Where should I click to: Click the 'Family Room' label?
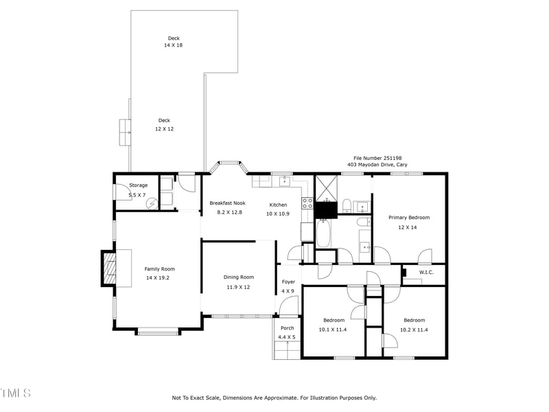159,268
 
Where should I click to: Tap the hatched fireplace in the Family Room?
109,268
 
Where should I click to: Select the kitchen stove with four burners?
307,203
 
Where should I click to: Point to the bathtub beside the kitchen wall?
323,233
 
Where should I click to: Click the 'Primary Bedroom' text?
409,218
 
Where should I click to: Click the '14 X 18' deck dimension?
173,45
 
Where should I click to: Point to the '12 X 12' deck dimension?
164,128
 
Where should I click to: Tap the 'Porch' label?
287,328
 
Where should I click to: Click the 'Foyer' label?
288,282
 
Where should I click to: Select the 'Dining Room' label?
238,277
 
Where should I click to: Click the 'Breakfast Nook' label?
227,203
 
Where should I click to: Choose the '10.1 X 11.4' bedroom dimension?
333,330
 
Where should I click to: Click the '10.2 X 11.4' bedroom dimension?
414,330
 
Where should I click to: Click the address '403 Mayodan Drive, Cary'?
377,165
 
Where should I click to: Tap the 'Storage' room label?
139,185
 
